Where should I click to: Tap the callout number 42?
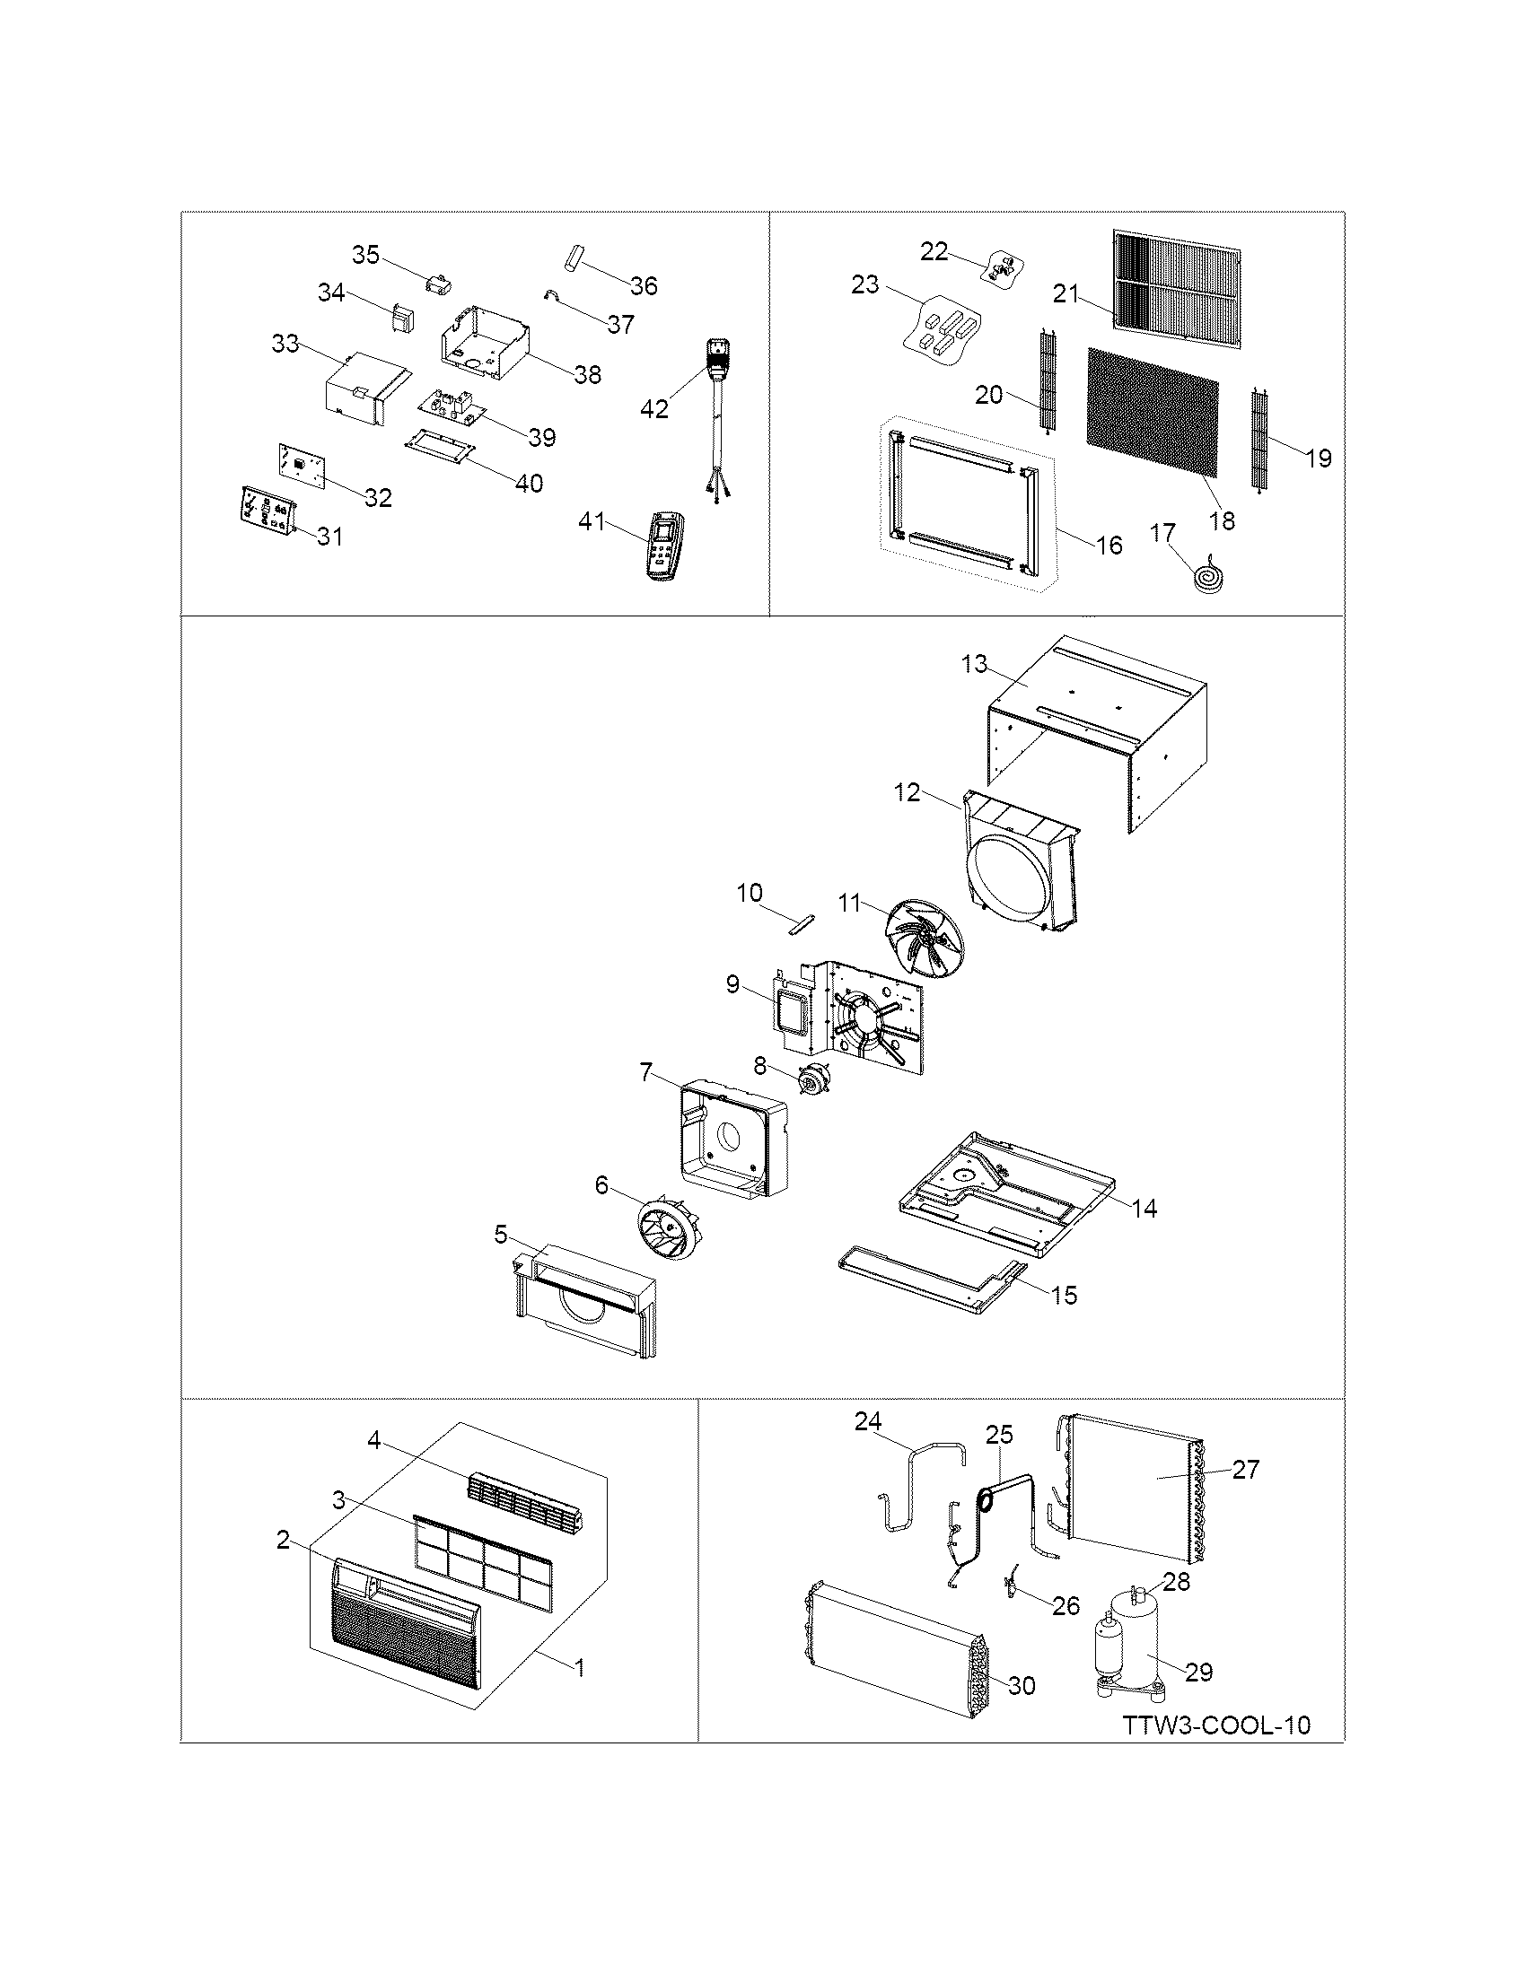pos(654,409)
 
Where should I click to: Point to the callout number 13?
pos(974,663)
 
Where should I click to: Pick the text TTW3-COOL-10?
pos(1216,1725)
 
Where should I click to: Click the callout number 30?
pos(1022,1685)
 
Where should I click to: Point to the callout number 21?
pos(1066,293)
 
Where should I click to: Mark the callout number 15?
pos(1065,1294)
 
